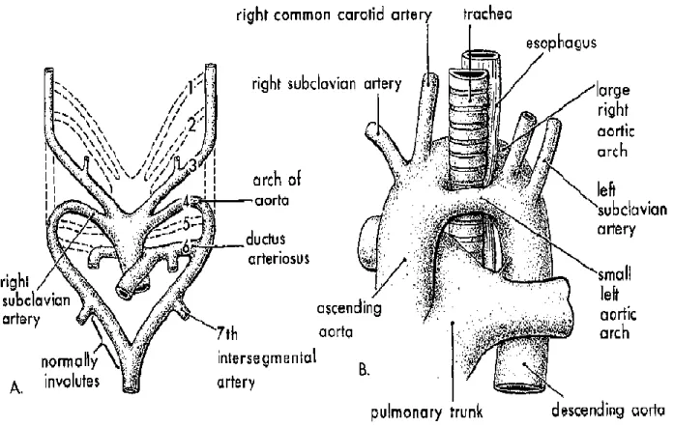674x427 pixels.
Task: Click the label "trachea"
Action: pos(487,14)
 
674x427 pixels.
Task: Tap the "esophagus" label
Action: pos(562,43)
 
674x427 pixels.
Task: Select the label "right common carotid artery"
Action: pos(334,15)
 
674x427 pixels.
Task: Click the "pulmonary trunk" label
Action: pos(426,412)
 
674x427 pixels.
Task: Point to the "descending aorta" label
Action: pos(608,411)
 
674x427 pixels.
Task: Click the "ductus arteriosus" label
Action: pos(278,248)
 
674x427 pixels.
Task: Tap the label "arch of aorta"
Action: pos(277,189)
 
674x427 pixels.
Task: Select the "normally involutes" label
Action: pos(71,371)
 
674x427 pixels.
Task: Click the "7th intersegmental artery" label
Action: pos(267,357)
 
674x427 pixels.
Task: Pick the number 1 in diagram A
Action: pos(190,88)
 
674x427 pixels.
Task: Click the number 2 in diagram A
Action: pos(191,125)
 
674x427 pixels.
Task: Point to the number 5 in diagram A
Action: pos(186,224)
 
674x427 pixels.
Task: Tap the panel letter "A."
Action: pos(15,388)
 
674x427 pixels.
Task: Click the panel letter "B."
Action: pos(364,369)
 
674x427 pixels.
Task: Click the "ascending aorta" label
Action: pos(349,321)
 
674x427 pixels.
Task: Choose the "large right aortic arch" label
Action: pos(615,121)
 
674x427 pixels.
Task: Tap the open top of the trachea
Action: pos(469,76)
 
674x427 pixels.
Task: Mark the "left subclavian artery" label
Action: pos(631,210)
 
